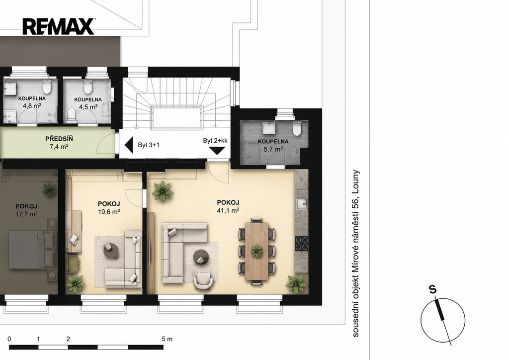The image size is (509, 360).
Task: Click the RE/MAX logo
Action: pos(59,26)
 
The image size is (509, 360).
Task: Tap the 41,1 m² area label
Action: pos(228,210)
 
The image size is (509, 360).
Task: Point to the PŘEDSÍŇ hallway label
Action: pos(59,139)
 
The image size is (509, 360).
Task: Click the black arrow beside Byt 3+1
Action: pos(129,145)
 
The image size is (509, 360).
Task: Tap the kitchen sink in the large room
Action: pos(302,204)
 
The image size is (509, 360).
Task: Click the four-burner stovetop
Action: pos(302,243)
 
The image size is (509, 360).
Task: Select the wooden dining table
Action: pos(257,251)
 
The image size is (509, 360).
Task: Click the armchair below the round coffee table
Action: pos(203,280)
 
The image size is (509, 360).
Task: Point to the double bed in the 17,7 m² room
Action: pos(31,250)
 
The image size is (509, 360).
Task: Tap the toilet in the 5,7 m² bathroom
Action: pos(297,128)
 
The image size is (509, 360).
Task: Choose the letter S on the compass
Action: pos(432,289)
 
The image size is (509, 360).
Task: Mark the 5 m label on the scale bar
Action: pos(167,339)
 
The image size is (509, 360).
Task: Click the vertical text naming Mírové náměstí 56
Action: pos(356,253)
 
